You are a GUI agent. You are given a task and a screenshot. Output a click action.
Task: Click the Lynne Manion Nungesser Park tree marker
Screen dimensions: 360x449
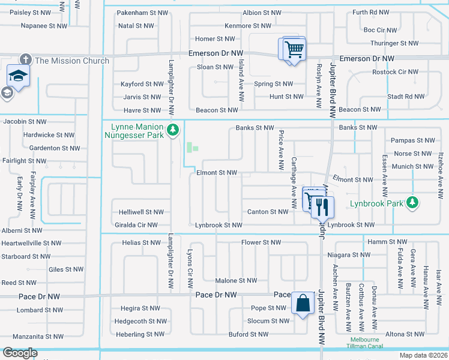coord(173,129)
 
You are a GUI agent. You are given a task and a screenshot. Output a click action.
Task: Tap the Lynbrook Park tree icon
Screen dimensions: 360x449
coord(412,203)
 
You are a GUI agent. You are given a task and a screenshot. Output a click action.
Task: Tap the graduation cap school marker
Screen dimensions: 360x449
coord(18,76)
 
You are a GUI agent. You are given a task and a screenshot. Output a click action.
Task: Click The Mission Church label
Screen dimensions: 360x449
coord(72,61)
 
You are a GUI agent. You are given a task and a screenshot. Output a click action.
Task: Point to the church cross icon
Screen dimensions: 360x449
coord(25,60)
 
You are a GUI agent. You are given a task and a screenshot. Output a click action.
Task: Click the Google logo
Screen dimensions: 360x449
coord(20,353)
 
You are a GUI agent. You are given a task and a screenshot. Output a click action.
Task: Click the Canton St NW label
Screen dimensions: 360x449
coord(268,212)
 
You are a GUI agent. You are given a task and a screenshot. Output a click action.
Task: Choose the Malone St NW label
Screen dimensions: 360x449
coord(236,280)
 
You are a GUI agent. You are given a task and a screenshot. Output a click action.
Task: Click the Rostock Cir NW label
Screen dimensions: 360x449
coord(394,72)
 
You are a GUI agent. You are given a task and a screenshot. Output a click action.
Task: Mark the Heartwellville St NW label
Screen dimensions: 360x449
coord(31,243)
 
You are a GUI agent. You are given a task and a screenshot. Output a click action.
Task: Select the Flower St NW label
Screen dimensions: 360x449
coord(261,242)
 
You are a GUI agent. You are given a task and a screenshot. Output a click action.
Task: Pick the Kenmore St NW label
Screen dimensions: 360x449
coord(248,26)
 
